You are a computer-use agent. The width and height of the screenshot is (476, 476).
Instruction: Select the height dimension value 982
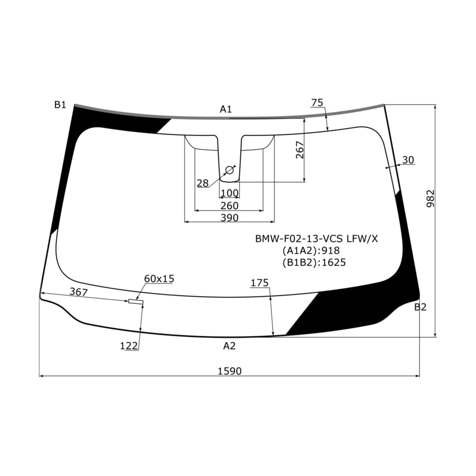[430, 199]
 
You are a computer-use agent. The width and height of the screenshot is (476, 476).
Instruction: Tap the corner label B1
[60, 105]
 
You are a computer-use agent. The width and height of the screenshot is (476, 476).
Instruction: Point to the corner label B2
[420, 307]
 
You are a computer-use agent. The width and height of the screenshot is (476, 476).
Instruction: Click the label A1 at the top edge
[226, 109]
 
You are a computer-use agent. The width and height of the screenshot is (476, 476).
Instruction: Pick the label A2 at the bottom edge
[230, 346]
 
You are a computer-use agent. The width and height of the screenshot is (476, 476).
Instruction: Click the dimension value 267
[299, 150]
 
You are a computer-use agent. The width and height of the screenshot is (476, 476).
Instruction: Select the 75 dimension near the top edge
[317, 102]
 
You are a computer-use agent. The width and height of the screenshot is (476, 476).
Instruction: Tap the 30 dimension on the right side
[408, 160]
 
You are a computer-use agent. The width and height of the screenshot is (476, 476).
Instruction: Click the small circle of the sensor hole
[230, 170]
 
